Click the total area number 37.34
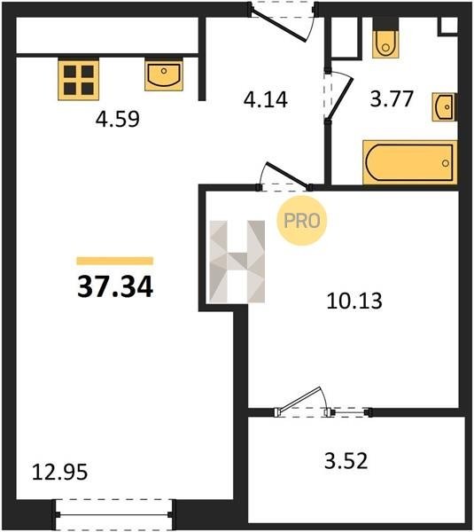(115, 286)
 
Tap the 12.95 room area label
(59, 473)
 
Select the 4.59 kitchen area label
(117, 119)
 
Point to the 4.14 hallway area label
(266, 99)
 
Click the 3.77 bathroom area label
(392, 98)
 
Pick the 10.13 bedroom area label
(354, 301)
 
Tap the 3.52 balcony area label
(346, 461)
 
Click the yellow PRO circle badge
(302, 221)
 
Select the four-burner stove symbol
(78, 80)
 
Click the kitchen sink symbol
(164, 74)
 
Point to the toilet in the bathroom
(385, 38)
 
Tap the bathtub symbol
(410, 163)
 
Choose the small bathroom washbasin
(445, 107)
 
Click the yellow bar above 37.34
(115, 261)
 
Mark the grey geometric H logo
(237, 262)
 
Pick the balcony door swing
(300, 401)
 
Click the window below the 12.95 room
(114, 514)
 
